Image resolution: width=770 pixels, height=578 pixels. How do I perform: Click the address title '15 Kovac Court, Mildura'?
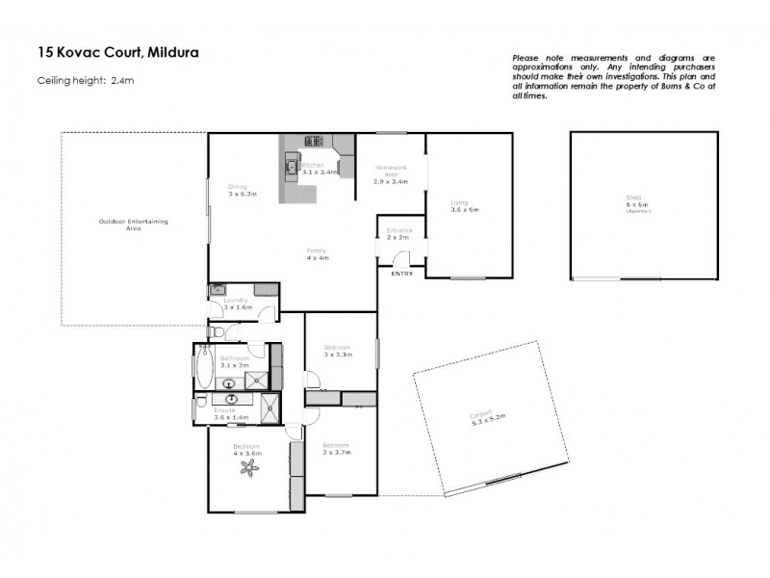tap(118, 52)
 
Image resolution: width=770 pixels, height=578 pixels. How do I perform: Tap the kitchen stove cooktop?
tap(314, 142)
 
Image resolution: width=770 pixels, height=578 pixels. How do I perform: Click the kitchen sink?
tap(290, 169)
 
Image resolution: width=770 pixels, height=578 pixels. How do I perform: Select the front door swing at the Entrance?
tap(403, 257)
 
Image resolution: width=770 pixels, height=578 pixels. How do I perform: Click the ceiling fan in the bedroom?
tap(251, 469)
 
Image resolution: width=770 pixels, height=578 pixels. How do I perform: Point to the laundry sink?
tap(218, 288)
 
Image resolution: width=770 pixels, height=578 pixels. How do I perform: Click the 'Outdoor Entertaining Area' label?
tap(133, 225)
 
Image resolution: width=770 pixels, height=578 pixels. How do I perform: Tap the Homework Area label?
tap(391, 174)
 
